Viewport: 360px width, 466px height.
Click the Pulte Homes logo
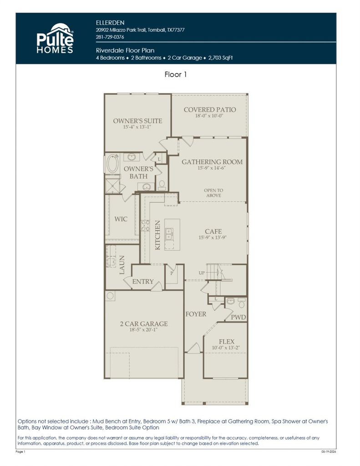(55, 38)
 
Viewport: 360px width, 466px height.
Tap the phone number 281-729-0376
(110, 37)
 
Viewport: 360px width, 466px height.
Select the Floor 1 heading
(176, 74)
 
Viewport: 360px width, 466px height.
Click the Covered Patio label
(210, 110)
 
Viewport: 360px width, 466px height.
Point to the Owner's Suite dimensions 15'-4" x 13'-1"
(137, 127)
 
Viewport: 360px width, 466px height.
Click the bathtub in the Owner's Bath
(113, 164)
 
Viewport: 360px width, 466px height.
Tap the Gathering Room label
(212, 162)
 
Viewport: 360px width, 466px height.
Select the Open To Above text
(213, 193)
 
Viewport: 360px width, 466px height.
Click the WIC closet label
(121, 219)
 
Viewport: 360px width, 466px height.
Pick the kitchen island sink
(169, 234)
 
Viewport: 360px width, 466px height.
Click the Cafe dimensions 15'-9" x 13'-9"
(213, 238)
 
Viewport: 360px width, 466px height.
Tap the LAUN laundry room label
(122, 265)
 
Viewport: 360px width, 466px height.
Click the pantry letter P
(172, 273)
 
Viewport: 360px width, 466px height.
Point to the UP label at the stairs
(202, 273)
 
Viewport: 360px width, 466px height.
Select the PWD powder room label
(238, 317)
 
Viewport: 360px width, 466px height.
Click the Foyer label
(196, 314)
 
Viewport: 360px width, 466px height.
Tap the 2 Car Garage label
(144, 324)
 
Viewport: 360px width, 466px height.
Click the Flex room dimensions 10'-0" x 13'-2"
(226, 348)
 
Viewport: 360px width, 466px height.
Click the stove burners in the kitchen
(145, 225)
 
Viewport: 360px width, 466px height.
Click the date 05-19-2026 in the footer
(329, 452)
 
